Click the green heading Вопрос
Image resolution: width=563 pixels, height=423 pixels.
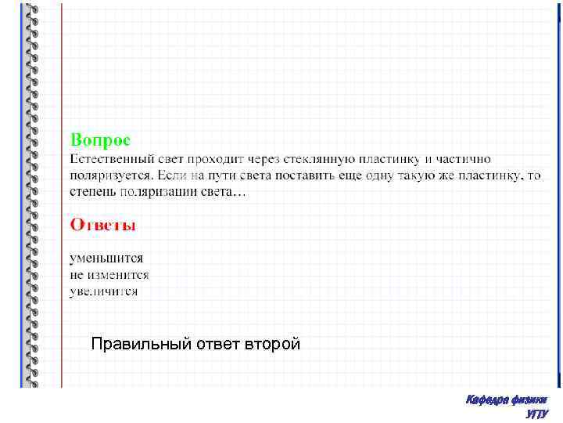(x=101, y=139)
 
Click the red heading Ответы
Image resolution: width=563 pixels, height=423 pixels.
(x=102, y=225)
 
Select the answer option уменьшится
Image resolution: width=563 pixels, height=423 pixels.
(x=106, y=258)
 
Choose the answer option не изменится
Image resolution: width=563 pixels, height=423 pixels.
(x=109, y=275)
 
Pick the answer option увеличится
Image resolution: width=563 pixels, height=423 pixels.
(x=103, y=291)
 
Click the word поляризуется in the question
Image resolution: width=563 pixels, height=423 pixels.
(x=110, y=175)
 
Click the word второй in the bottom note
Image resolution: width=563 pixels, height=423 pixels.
(x=273, y=344)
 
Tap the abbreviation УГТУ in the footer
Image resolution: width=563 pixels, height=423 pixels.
(x=537, y=414)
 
